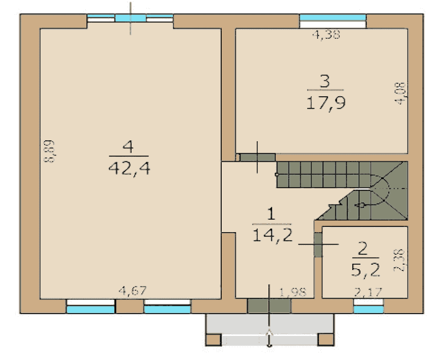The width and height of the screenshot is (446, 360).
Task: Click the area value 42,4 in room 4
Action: pos(129,168)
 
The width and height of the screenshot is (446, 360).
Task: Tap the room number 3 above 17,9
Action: pos(325,81)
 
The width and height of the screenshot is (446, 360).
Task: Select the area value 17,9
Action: pos(326,103)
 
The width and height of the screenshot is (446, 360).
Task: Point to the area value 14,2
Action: pos(272,235)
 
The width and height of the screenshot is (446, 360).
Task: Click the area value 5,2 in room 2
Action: pos(366,270)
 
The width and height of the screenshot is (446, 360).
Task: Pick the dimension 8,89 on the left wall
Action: pos(50,151)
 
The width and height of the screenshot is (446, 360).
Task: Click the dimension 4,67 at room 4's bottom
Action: pos(132,290)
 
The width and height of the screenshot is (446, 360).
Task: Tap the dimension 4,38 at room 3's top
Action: pos(326,35)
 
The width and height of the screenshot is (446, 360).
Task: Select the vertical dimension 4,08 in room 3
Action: pos(401,93)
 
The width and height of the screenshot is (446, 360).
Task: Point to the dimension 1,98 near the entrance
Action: pos(293,292)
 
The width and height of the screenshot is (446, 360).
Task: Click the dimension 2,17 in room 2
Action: pos(368,292)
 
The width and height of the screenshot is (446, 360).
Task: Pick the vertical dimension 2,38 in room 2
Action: pos(399,260)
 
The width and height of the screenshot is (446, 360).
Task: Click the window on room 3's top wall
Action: pos(333,21)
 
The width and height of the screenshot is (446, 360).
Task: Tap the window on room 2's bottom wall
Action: pos(368,306)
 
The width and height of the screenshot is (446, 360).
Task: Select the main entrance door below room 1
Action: pos(269,306)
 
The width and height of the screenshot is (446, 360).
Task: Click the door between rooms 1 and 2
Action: pos(318,245)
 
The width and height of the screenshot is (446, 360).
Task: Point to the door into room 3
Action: pos(258,157)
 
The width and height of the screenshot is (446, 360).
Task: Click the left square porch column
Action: pos(213,340)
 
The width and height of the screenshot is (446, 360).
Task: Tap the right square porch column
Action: pos(326,340)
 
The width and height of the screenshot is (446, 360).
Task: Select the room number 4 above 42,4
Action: pos(128,147)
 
